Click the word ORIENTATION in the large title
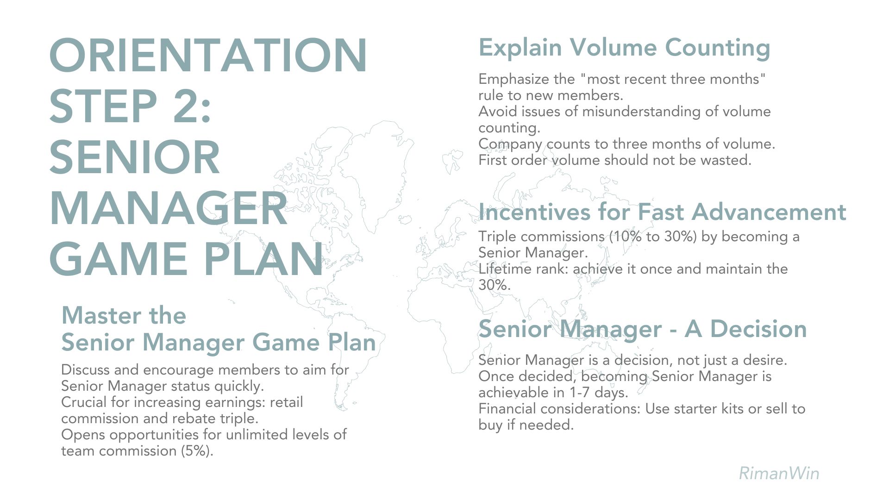point(208,56)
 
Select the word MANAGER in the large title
point(169,208)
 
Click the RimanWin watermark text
point(779,473)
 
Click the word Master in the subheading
point(98,316)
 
